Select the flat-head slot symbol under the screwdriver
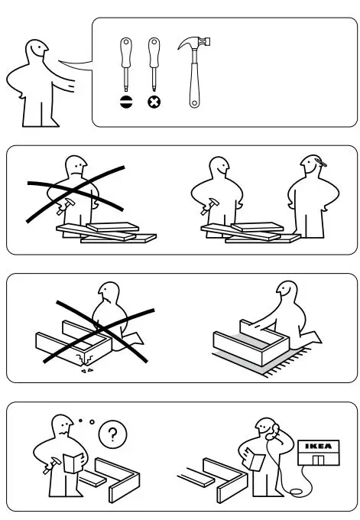pos(125,100)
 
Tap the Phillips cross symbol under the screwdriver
pos(153,100)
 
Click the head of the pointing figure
pos(35,56)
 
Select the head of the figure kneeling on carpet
pos(286,292)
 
